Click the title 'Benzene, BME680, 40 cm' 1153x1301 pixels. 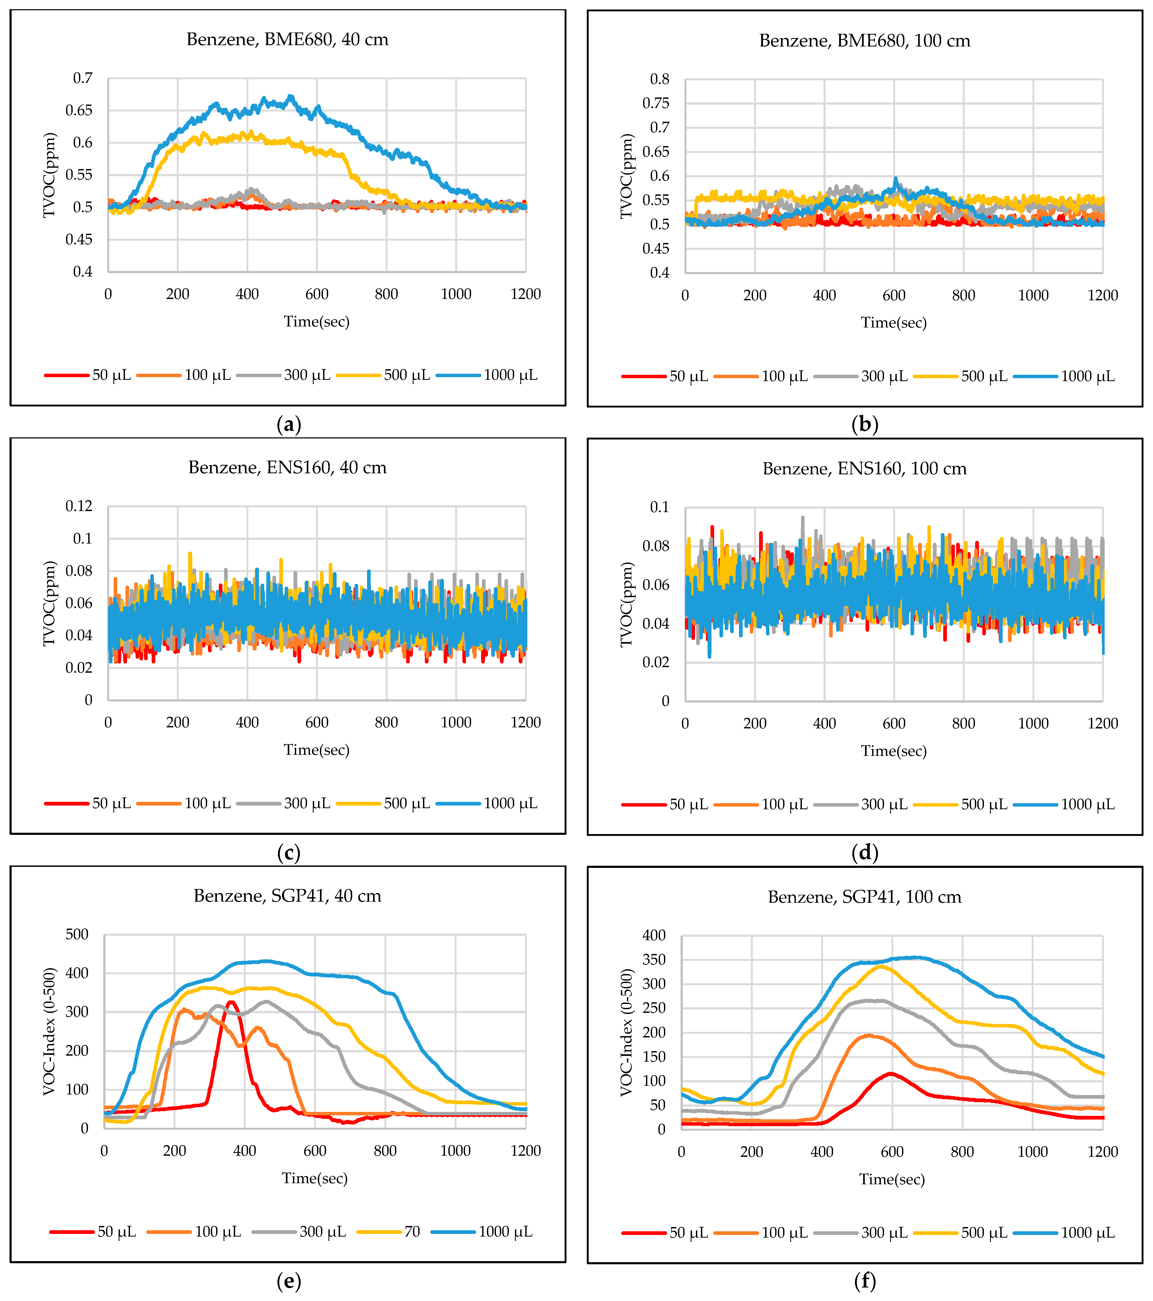pyautogui.click(x=287, y=39)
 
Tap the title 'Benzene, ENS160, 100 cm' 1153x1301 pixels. pyautogui.click(x=864, y=469)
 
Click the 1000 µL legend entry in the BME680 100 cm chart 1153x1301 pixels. pyautogui.click(x=1064, y=376)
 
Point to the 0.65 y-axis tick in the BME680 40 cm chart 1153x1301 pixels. pyautogui.click(x=79, y=111)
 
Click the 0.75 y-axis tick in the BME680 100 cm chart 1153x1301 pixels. pyautogui.click(x=656, y=103)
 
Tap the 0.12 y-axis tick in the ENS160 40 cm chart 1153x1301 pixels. pyautogui.click(x=79, y=506)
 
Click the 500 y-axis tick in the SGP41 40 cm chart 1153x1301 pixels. pyautogui.click(x=77, y=934)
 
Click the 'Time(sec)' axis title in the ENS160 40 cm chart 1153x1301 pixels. pyautogui.click(x=317, y=750)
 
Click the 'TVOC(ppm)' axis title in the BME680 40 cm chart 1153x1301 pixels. pyautogui.click(x=50, y=175)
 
